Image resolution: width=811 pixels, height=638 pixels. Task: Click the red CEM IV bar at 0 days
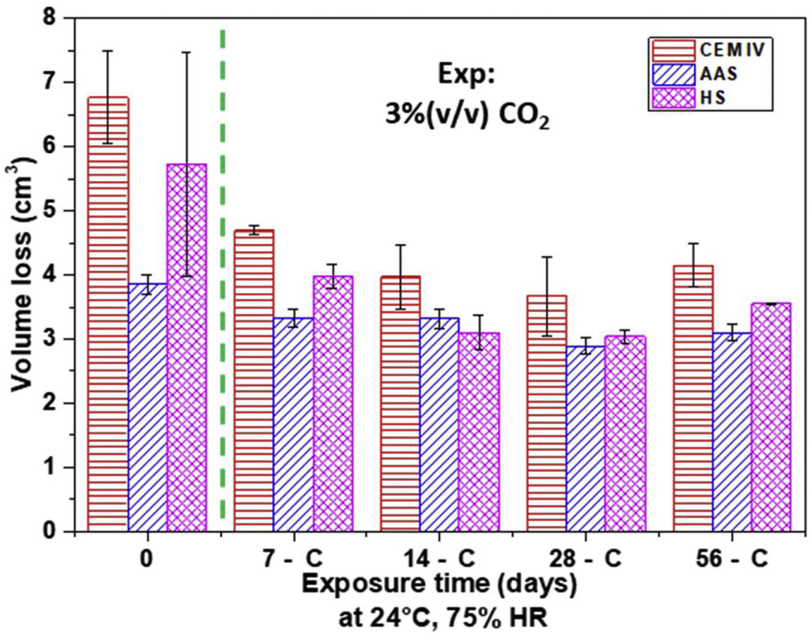pyautogui.click(x=108, y=315)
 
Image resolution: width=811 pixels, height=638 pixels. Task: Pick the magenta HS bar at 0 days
pyautogui.click(x=187, y=349)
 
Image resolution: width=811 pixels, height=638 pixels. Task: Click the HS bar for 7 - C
pyautogui.click(x=333, y=404)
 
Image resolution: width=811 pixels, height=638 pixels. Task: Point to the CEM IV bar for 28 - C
pyautogui.click(x=547, y=413)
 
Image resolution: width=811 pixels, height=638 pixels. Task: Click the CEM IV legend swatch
pyautogui.click(x=673, y=50)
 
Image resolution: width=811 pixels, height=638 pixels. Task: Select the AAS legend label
pyautogui.click(x=719, y=74)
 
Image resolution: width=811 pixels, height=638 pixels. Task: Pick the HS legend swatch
pyautogui.click(x=673, y=98)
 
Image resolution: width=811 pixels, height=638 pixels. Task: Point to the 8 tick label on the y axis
pyautogui.click(x=50, y=18)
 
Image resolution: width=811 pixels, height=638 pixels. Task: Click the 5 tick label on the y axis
pyautogui.click(x=50, y=211)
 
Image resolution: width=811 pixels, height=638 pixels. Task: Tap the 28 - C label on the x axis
pyautogui.click(x=585, y=559)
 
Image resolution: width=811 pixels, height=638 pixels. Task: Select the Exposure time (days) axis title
pyautogui.click(x=440, y=584)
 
